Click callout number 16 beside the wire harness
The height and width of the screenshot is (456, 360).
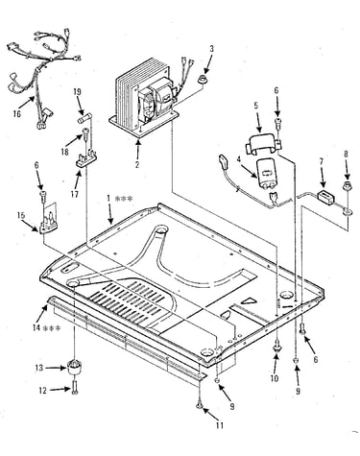pos(16,113)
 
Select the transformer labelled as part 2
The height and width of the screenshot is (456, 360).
pos(143,98)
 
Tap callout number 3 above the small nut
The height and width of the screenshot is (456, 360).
pos(211,49)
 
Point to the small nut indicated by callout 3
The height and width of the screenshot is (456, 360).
pos(203,80)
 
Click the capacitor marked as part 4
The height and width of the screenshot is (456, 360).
pos(267,175)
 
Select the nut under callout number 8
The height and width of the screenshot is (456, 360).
pos(347,185)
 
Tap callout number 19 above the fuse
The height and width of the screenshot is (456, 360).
pos(77,92)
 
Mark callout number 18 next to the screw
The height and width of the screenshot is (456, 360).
pos(64,151)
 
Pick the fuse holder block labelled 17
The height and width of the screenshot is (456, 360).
pos(86,158)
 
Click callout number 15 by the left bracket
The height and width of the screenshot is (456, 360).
pos(21,215)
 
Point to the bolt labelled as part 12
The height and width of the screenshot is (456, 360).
pos(75,387)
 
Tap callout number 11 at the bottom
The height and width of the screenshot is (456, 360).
pos(220,425)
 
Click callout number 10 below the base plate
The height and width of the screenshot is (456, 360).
pos(275,378)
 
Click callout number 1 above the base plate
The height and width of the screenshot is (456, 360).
pos(119,199)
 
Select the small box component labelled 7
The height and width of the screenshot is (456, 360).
pos(325,197)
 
